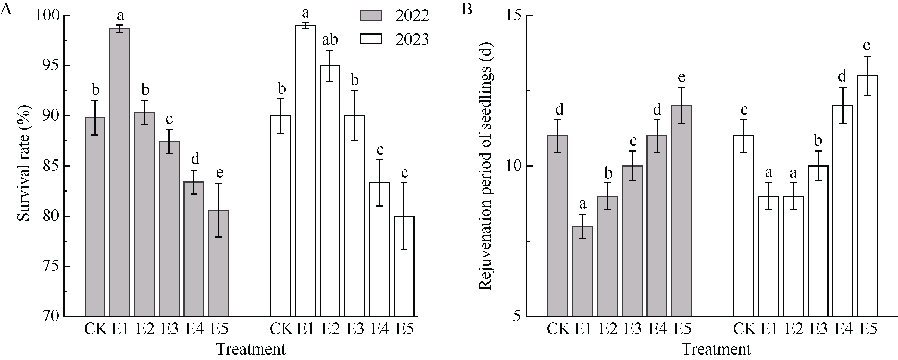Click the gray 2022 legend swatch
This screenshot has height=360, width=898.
(x=371, y=16)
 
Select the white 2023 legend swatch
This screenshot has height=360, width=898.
(x=371, y=39)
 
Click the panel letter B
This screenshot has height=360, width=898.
(x=467, y=9)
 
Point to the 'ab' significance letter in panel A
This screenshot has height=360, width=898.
(x=330, y=40)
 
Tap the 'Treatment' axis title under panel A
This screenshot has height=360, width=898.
(x=251, y=349)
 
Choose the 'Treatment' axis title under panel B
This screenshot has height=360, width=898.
(x=716, y=349)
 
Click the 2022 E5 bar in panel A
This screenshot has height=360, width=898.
(x=219, y=263)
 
